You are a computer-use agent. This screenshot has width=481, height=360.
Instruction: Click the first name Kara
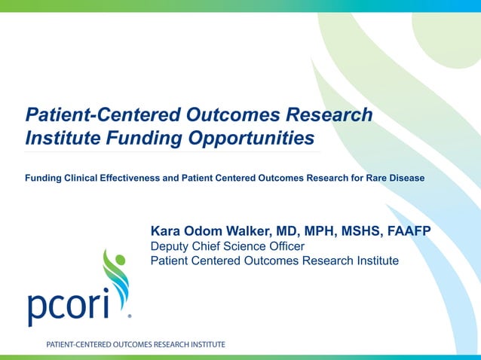[x=167, y=230]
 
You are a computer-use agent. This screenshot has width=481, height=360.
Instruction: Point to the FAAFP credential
[x=407, y=230]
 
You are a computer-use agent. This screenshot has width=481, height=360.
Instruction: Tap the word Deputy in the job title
[x=171, y=246]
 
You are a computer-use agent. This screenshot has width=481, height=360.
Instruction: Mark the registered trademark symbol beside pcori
[x=130, y=316]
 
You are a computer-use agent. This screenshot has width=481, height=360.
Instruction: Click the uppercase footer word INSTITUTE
[x=204, y=344]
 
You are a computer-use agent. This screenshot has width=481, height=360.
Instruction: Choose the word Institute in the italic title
[x=57, y=139]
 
